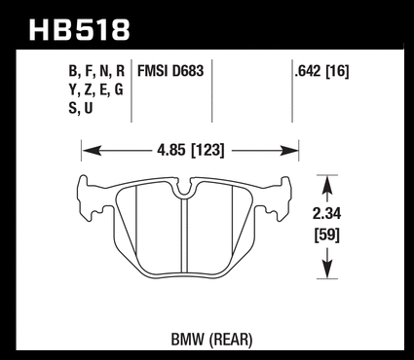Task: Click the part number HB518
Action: click(x=80, y=30)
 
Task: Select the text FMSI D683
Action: click(x=170, y=71)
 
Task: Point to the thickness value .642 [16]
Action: click(x=321, y=71)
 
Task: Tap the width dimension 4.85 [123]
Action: click(x=191, y=150)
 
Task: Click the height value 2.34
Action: click(x=327, y=214)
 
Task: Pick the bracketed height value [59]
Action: click(x=327, y=234)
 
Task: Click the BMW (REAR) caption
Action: click(x=211, y=340)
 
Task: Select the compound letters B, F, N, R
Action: click(x=96, y=71)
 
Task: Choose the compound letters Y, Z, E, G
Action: click(x=96, y=90)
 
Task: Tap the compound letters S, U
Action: click(x=81, y=108)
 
